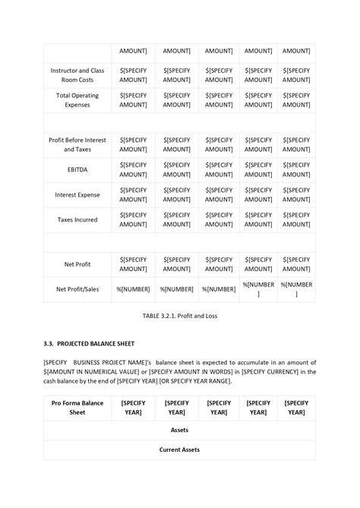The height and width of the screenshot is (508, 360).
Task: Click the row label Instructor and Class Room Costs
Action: tap(77, 74)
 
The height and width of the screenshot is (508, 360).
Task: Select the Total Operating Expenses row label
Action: tap(77, 99)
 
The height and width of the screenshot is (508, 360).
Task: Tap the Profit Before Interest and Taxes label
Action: tap(77, 145)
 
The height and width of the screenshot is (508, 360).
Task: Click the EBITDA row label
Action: tap(77, 169)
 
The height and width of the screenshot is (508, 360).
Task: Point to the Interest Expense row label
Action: tap(77, 194)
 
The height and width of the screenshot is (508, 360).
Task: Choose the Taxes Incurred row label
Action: tap(77, 219)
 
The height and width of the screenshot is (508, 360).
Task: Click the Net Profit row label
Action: tap(77, 263)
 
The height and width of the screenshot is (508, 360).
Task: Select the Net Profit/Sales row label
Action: tap(77, 289)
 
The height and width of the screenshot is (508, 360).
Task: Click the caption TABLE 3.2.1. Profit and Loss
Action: tap(179, 315)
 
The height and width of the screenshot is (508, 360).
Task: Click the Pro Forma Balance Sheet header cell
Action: tap(77, 407)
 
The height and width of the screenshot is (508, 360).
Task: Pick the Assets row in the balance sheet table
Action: tap(179, 429)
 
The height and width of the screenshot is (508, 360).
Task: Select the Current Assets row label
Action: tap(179, 450)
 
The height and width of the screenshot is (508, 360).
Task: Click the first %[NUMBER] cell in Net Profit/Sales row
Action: tap(133, 289)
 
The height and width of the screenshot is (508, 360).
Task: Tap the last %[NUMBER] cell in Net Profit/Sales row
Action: tap(296, 289)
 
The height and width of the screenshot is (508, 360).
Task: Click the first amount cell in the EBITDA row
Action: tap(133, 169)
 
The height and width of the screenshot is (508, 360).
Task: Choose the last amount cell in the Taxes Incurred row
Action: tap(296, 219)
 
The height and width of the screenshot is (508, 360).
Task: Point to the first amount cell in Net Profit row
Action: tap(133, 263)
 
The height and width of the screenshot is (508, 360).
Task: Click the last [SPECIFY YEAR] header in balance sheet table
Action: tap(296, 407)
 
